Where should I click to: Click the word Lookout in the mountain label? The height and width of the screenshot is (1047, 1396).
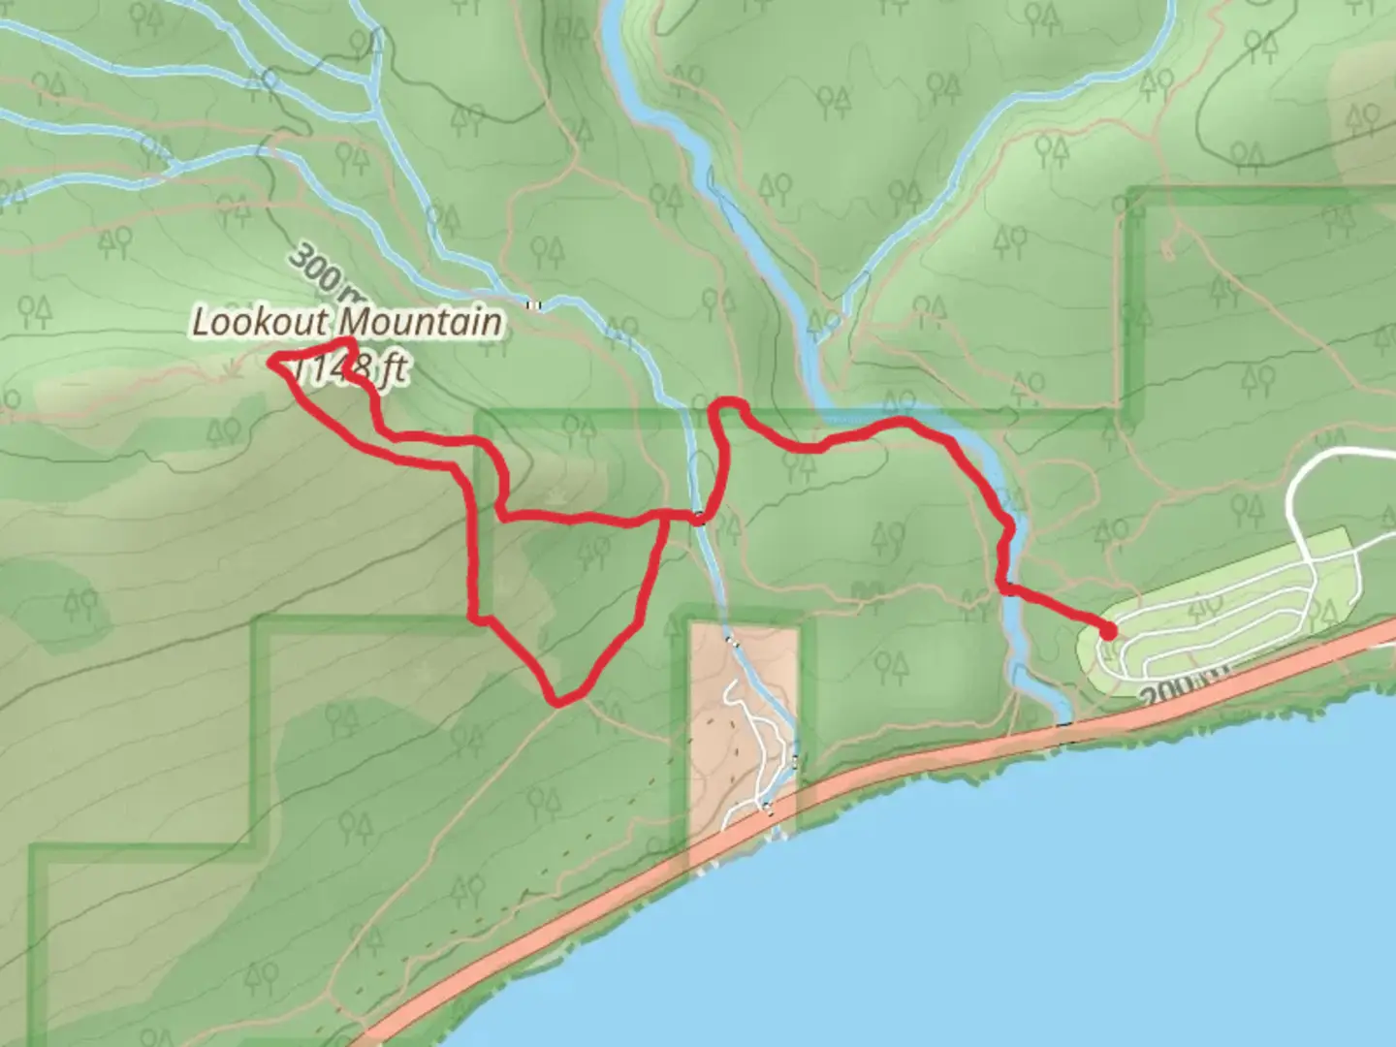[x=262, y=323]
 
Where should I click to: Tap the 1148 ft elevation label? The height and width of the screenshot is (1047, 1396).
[x=359, y=369]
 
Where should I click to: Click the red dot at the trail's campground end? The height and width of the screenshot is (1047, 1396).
[x=1107, y=632]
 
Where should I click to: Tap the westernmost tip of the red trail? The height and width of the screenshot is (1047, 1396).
[x=272, y=363]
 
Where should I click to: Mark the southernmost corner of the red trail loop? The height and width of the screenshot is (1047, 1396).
[x=555, y=699]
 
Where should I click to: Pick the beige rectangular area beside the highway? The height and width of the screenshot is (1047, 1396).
[x=742, y=717]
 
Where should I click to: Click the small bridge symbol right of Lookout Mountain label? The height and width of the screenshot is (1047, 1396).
[x=533, y=305]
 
